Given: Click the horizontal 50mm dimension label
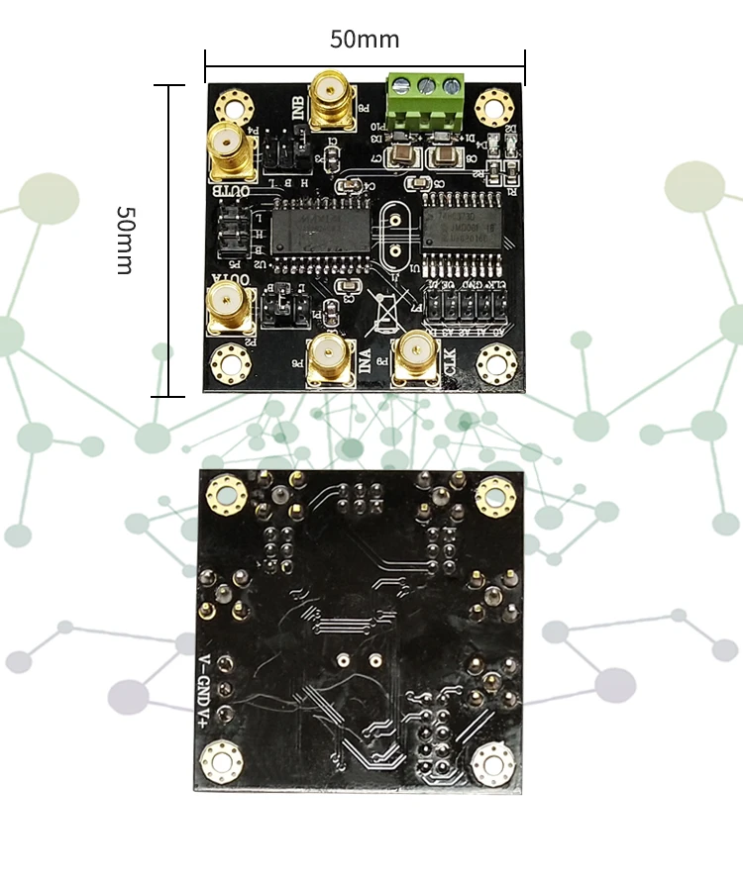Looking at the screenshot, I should tap(365, 40).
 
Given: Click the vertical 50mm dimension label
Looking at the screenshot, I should tap(126, 241).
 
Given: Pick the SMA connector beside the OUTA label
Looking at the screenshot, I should tap(229, 309).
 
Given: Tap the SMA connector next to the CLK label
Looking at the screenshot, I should tap(414, 356).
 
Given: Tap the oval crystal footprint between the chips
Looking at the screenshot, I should tap(393, 238).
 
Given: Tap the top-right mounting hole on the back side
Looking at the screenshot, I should tap(491, 495).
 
